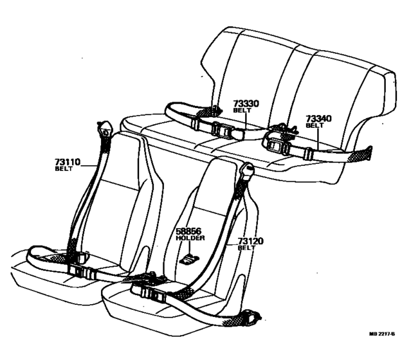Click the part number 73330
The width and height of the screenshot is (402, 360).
tap(246, 104)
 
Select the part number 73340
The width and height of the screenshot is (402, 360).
tap(319, 118)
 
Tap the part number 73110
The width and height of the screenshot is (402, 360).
tap(67, 163)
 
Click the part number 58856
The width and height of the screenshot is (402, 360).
tap(190, 231)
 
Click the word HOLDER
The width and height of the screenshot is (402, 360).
tap(190, 238)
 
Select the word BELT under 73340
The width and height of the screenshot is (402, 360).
tap(315, 125)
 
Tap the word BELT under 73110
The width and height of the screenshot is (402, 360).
tap(63, 170)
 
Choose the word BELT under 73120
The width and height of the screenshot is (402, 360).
tap(246, 248)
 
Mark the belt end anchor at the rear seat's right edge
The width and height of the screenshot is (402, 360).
tap(366, 154)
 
